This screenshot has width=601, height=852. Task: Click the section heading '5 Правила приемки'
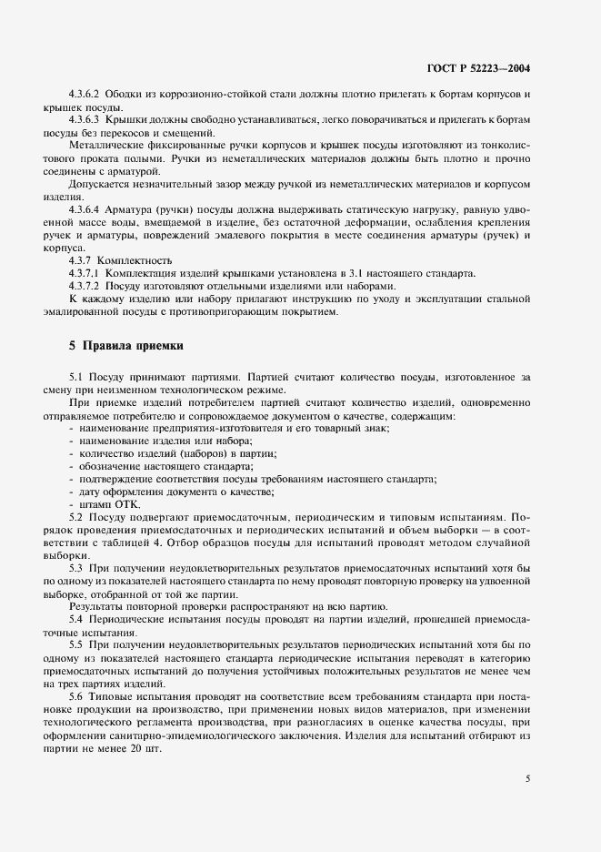click(126, 346)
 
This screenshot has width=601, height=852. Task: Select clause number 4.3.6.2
click(85, 95)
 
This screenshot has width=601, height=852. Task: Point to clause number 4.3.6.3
click(85, 119)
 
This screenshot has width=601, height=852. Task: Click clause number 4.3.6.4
click(85, 208)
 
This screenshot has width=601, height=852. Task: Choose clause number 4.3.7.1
click(85, 273)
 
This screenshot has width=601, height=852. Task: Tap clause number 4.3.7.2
click(85, 286)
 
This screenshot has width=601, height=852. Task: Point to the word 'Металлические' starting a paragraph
click(105, 145)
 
